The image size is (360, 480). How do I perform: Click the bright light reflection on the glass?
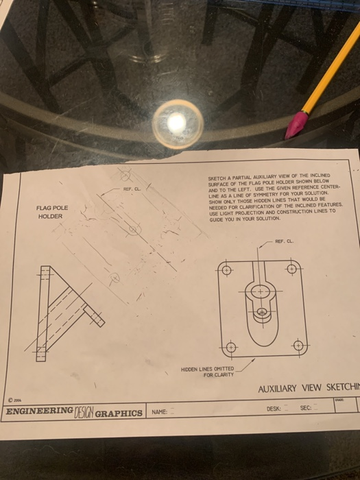(176, 122)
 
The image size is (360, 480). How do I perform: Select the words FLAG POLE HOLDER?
(52, 212)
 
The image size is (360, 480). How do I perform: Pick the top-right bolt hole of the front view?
(291, 267)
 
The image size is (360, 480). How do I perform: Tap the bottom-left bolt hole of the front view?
(231, 347)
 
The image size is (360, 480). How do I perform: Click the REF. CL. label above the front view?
(284, 241)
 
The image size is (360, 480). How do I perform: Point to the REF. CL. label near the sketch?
(132, 188)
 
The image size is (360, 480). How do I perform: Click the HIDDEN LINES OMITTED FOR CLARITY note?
(208, 371)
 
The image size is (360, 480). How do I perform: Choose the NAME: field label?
(160, 412)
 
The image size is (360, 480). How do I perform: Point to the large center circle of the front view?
(261, 291)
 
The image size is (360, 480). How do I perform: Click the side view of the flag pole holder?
(65, 312)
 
